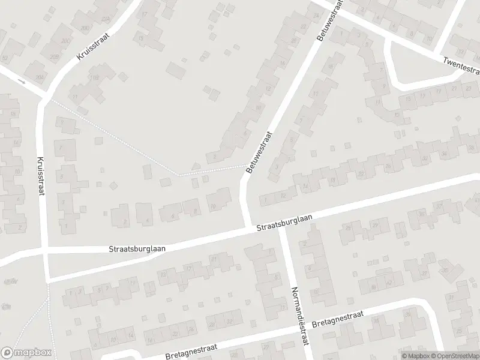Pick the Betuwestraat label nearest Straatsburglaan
click(x=259, y=154)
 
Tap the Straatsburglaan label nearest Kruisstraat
click(x=137, y=247)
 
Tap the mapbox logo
click(x=26, y=353)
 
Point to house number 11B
click(x=95, y=77)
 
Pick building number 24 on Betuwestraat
click(x=316, y=16)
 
